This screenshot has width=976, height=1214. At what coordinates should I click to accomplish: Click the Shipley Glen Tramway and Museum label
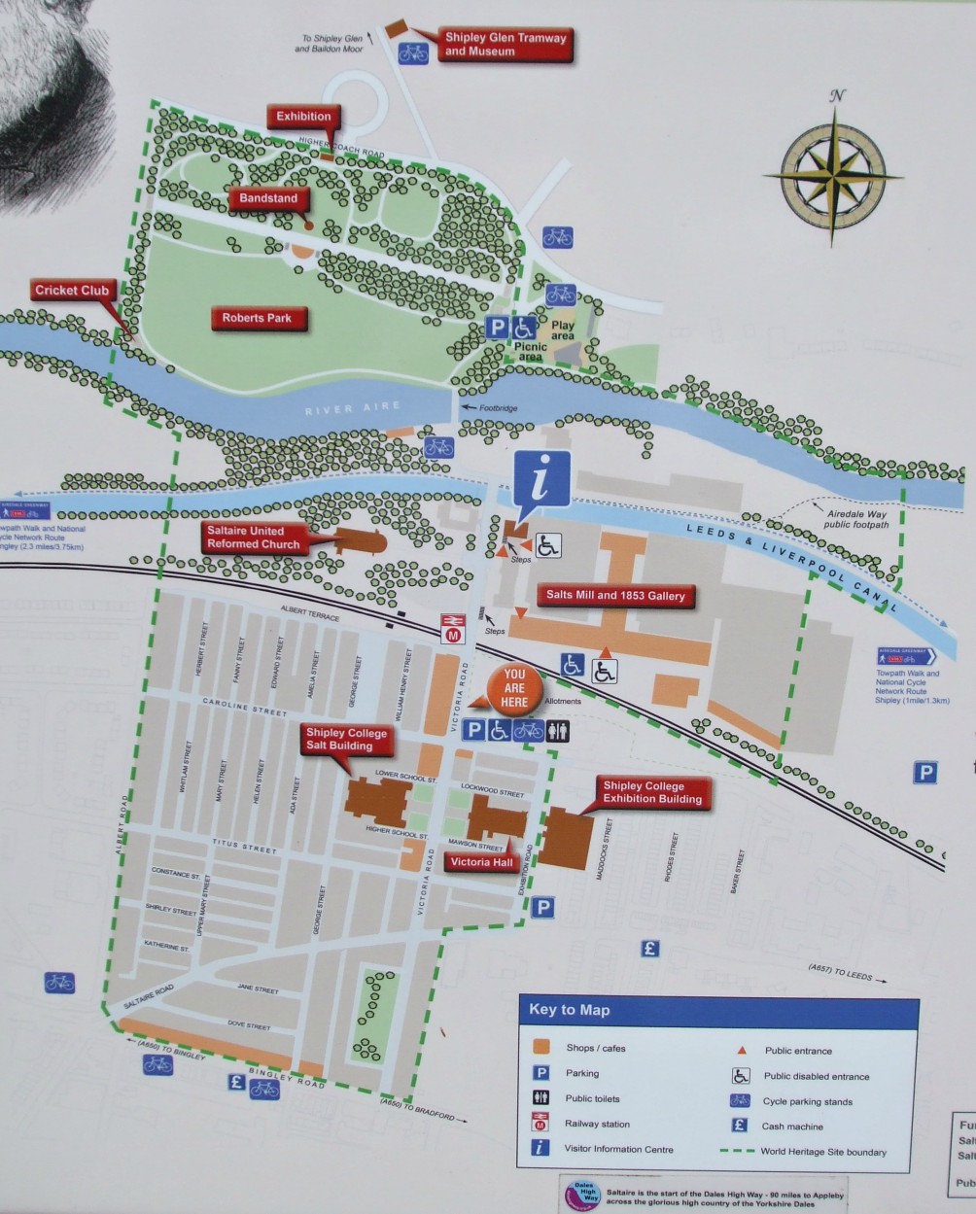(505, 44)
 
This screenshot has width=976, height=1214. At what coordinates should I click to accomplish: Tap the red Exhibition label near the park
(303, 117)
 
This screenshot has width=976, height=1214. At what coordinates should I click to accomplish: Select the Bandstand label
(268, 198)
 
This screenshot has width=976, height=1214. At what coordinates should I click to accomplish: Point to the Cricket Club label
(71, 291)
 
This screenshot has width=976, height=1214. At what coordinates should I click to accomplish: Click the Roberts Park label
(256, 318)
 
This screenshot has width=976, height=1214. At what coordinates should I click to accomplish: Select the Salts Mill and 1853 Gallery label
(615, 596)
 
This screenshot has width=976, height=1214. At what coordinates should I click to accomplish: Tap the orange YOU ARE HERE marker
(514, 688)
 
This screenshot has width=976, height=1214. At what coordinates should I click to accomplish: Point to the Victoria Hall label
(481, 862)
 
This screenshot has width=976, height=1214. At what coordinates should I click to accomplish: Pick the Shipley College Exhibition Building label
(651, 792)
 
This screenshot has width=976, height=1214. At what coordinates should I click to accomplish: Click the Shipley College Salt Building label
(346, 740)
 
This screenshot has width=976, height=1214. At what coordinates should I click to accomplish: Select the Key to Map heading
(570, 1010)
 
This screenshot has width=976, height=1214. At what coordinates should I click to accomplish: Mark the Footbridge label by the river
(498, 407)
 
